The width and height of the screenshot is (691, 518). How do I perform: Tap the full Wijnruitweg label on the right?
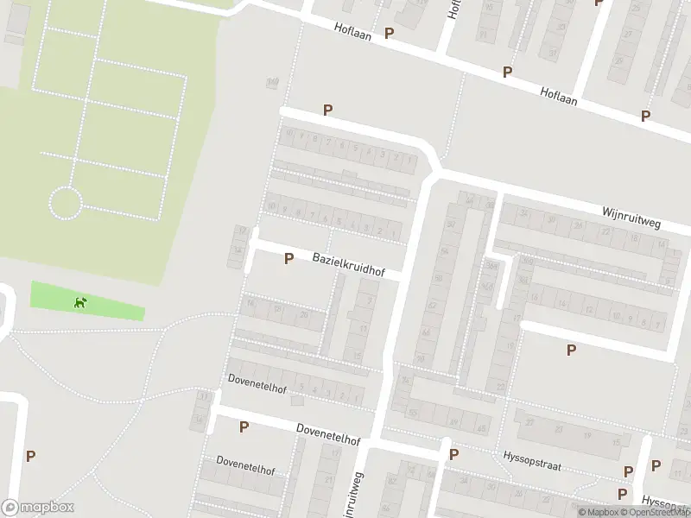tap(631, 218)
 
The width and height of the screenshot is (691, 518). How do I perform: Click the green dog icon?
tap(80, 302)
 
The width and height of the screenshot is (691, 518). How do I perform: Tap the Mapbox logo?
tap(37, 508)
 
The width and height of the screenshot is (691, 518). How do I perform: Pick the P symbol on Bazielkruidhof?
tap(288, 258)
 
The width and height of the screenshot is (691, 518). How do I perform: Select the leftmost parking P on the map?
tap(31, 457)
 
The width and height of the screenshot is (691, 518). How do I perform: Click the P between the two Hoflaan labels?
tap(507, 73)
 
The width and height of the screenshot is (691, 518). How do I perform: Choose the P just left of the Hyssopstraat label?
tap(453, 455)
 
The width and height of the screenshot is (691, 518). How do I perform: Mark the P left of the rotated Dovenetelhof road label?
tap(244, 426)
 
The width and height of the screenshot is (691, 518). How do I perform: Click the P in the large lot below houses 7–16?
tap(570, 350)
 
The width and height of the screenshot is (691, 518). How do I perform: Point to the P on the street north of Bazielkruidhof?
tap(327, 110)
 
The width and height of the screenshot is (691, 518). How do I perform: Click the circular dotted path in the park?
tap(66, 204)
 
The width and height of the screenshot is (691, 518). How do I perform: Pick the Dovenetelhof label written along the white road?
tap(327, 433)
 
